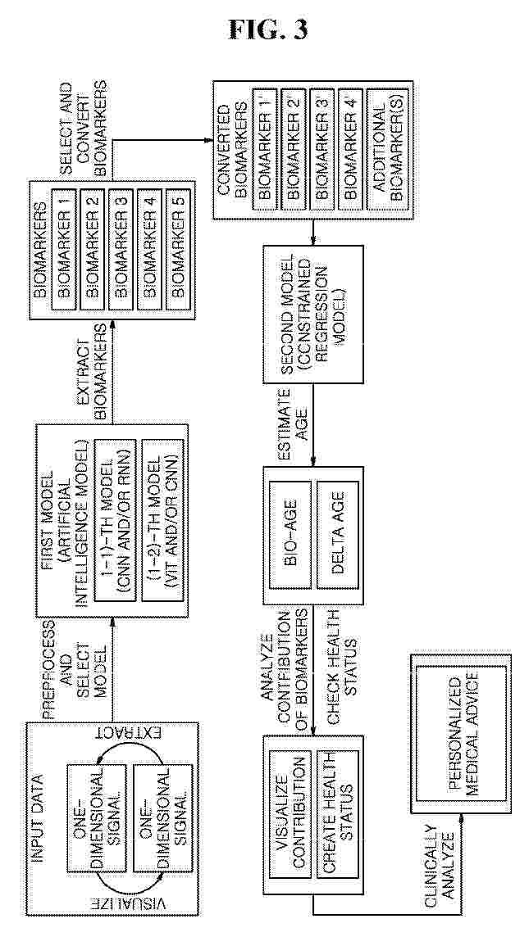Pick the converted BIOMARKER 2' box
tap(293, 151)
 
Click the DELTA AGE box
tap(338, 534)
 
